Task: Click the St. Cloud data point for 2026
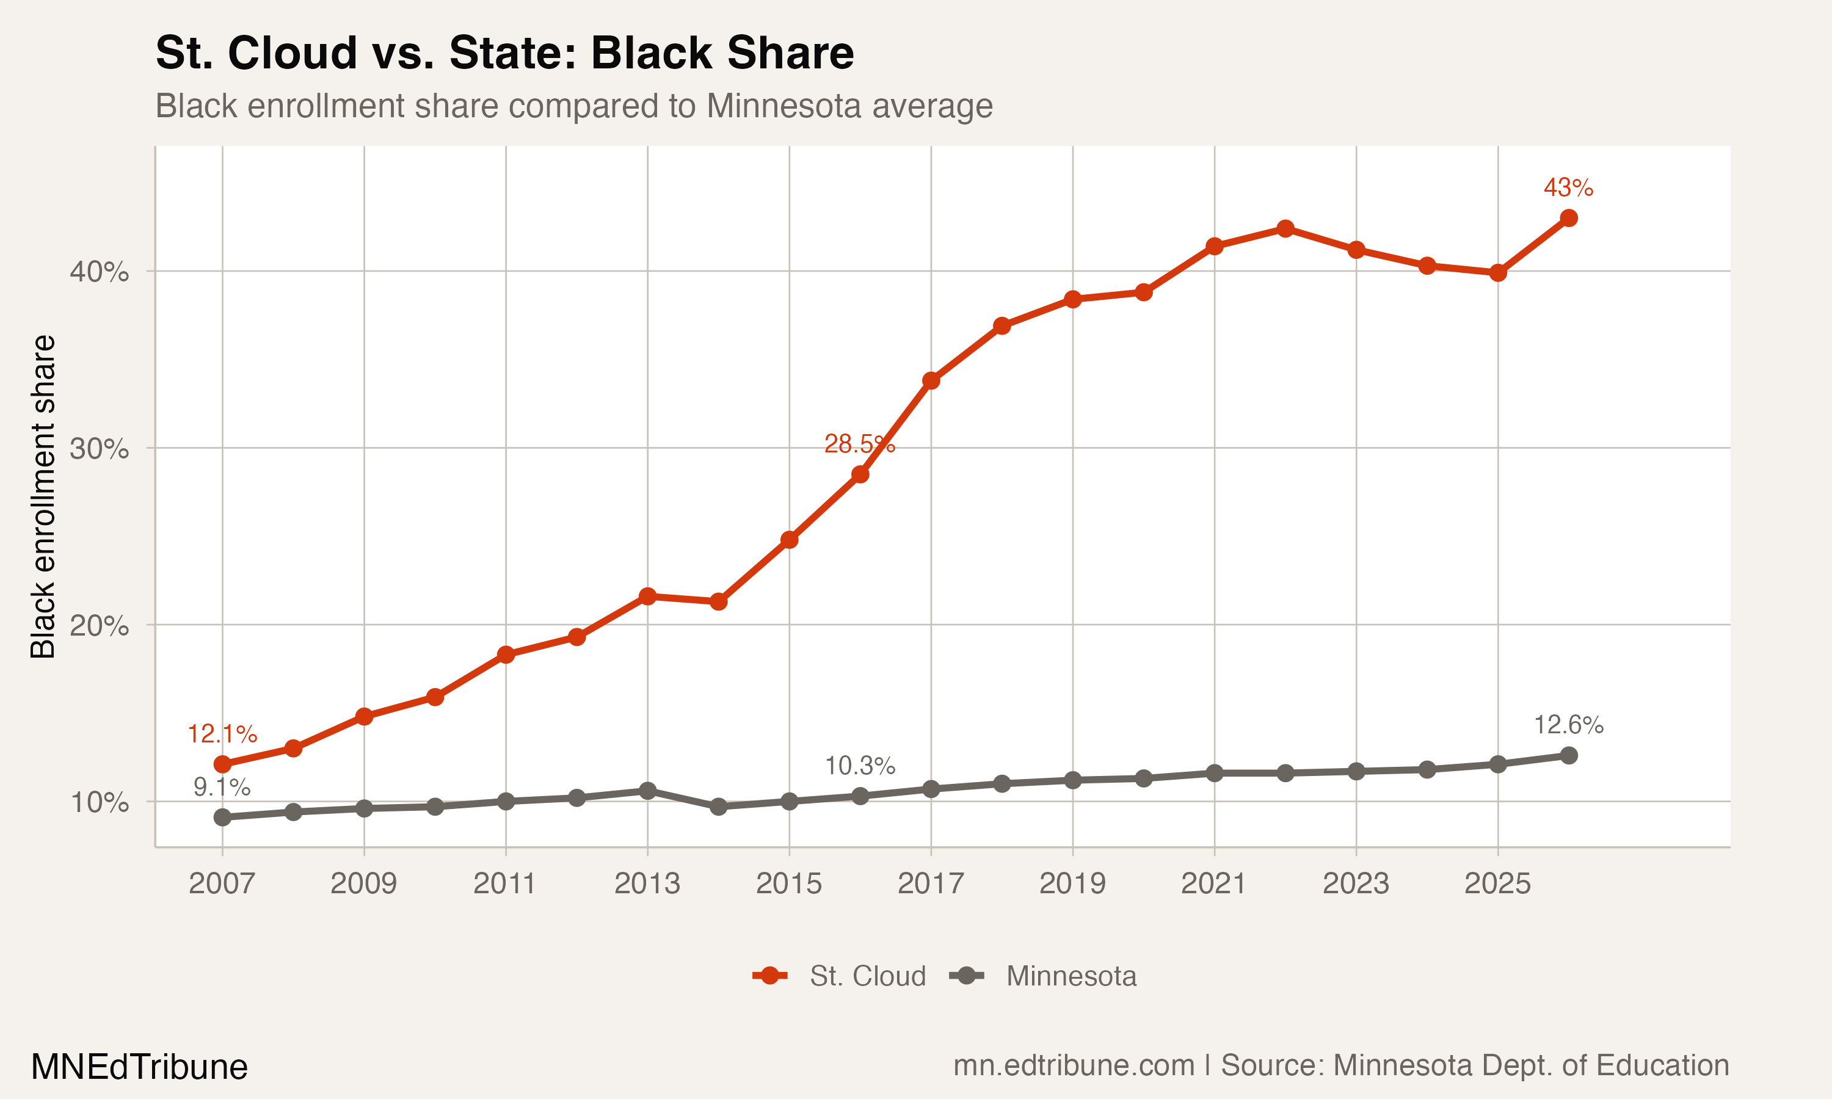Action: pyautogui.click(x=1568, y=218)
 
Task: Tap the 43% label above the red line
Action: pyautogui.click(x=1568, y=187)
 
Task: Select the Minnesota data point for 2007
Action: pyautogui.click(x=222, y=818)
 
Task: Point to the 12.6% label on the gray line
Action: pyautogui.click(x=1568, y=725)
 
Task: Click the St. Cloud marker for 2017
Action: pyautogui.click(x=931, y=380)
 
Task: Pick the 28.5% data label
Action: pyautogui.click(x=859, y=444)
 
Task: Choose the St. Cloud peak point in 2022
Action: pyautogui.click(x=1285, y=229)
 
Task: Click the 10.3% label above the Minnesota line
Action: pyautogui.click(x=860, y=766)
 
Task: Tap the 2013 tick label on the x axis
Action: pyautogui.click(x=647, y=883)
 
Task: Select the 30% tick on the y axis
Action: pyautogui.click(x=99, y=449)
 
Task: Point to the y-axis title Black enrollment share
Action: pyautogui.click(x=43, y=496)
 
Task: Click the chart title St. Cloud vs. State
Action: pyautogui.click(x=504, y=53)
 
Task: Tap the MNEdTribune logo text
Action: pyautogui.click(x=139, y=1067)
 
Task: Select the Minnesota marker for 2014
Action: pyautogui.click(x=718, y=807)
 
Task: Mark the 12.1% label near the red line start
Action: pyautogui.click(x=222, y=734)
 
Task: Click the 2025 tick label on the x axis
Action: pyautogui.click(x=1497, y=883)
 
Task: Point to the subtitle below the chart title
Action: pyautogui.click(x=574, y=106)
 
